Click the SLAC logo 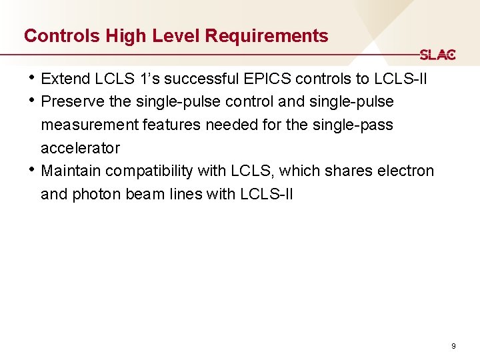coord(437,55)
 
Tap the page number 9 coord(453,346)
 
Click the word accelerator coord(80,147)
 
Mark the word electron coord(405,171)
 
